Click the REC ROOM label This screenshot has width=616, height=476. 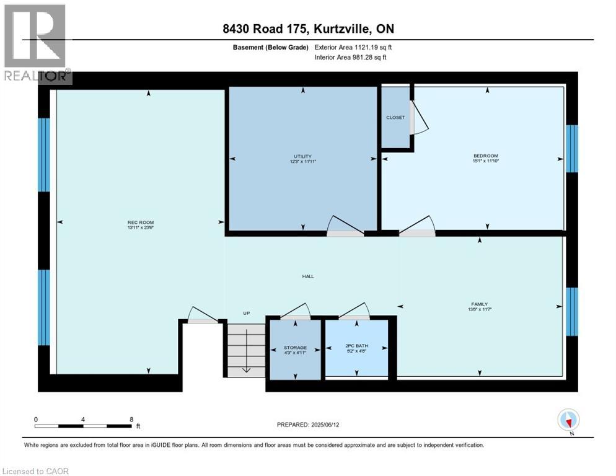click(141, 223)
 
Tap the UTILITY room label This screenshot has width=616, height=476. click(302, 156)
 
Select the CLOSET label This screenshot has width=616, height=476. click(395, 117)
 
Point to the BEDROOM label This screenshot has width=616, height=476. click(485, 156)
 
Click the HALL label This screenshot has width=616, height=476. click(307, 276)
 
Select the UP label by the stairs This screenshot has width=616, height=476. click(246, 314)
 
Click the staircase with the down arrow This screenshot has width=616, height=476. click(246, 350)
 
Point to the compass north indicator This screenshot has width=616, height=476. click(568, 420)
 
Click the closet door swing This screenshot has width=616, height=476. click(420, 118)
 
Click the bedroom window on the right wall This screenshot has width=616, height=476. click(572, 148)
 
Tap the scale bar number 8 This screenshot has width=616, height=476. click(131, 419)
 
